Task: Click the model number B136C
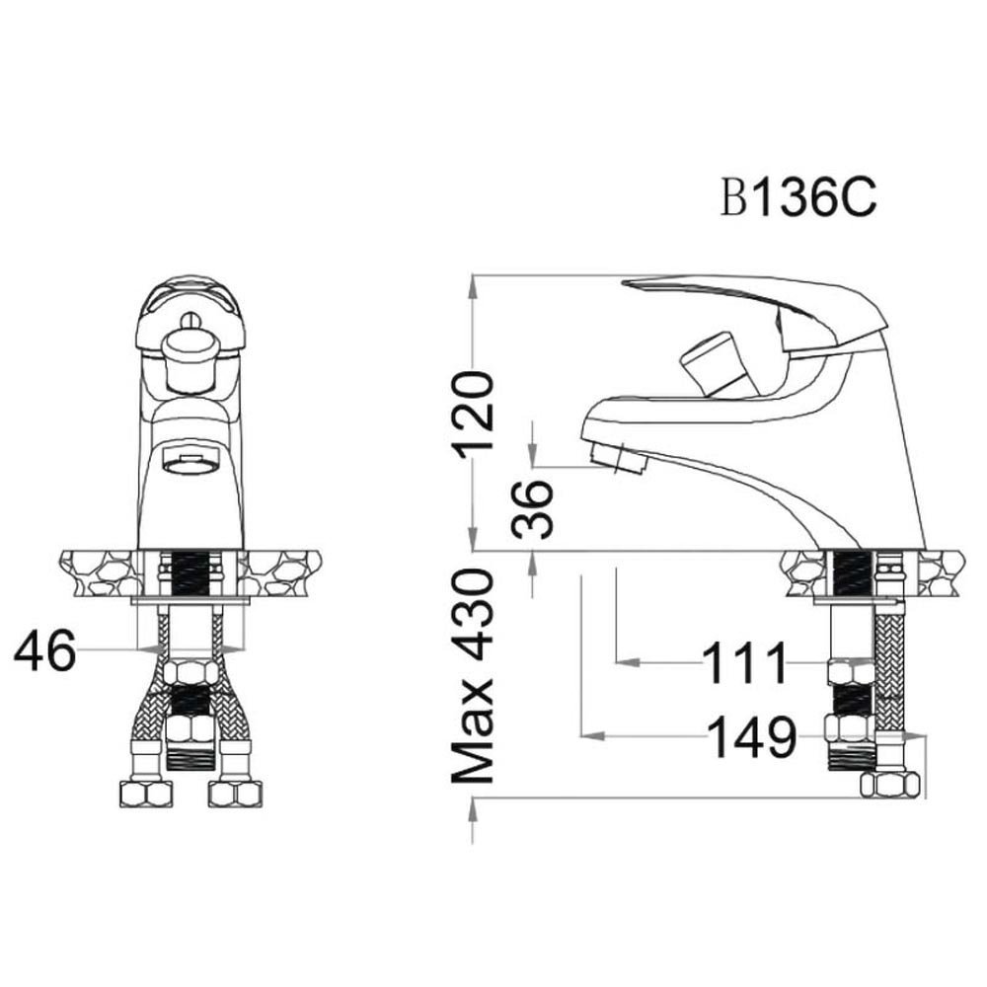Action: coord(798,197)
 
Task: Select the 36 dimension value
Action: coord(532,509)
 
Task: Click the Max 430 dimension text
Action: coord(472,677)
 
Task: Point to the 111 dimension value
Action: coord(744,663)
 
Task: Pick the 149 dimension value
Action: coord(752,736)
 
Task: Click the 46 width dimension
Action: coord(44,650)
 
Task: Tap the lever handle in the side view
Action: coord(755,313)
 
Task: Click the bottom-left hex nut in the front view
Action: coord(145,794)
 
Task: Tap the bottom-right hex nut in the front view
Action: coord(235,794)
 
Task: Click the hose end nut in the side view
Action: coord(889,785)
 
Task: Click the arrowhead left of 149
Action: coord(592,735)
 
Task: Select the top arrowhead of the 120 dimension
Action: coord(472,287)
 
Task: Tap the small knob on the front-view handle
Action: coord(189,319)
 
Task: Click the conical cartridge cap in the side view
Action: coord(716,364)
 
